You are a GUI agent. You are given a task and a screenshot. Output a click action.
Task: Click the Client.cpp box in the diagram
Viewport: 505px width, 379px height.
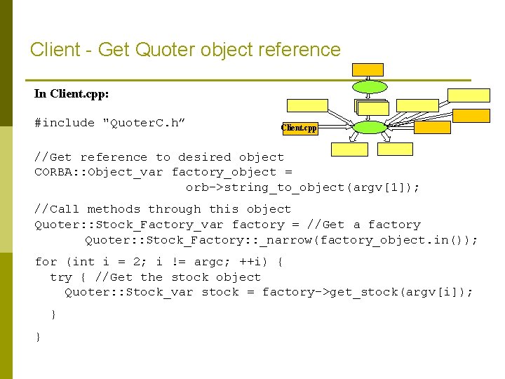click(x=299, y=128)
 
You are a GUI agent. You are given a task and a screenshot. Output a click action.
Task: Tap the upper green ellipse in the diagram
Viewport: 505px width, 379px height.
click(x=368, y=87)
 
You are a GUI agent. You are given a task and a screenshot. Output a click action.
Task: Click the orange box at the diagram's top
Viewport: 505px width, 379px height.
click(x=368, y=69)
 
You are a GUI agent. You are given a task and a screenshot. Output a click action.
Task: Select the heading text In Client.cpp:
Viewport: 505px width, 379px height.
click(x=72, y=93)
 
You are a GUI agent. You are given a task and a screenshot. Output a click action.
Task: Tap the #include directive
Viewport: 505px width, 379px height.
click(x=65, y=123)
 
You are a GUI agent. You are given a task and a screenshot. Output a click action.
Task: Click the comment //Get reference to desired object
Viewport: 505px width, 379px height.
click(x=159, y=157)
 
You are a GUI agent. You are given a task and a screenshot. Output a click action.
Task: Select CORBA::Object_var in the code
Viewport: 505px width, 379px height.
click(x=99, y=172)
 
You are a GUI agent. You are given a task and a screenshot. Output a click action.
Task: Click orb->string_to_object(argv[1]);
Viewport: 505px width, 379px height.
click(x=302, y=187)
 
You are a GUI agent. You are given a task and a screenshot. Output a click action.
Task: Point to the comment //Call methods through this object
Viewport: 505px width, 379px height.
click(x=163, y=209)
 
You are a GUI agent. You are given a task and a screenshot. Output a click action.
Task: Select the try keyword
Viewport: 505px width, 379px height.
click(x=61, y=277)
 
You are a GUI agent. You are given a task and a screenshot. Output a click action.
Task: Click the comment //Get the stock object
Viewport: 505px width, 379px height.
click(x=177, y=277)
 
